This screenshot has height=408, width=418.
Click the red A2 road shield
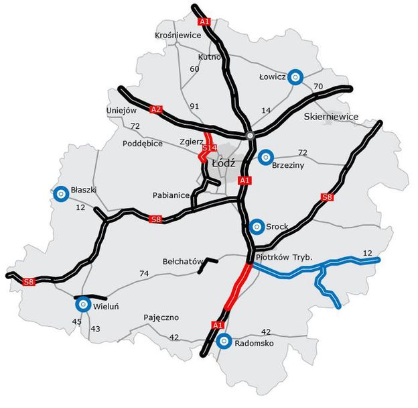tap(157, 109)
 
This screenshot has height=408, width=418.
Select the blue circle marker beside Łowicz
tap(295, 77)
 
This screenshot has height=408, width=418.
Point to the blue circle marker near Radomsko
tap(224, 342)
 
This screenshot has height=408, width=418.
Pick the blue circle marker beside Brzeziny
tap(266, 157)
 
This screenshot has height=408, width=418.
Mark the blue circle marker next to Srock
tap(256, 227)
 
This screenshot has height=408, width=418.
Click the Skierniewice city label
tap(331, 117)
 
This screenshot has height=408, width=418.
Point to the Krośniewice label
tap(178, 35)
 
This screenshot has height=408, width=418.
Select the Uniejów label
tap(121, 110)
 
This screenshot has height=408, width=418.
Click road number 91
tap(195, 106)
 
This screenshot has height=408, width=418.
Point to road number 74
tap(144, 273)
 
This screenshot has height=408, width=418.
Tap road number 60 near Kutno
tap(195, 69)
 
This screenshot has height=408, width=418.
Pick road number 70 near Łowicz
tap(318, 87)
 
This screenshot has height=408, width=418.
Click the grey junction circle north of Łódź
tap(251, 136)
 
